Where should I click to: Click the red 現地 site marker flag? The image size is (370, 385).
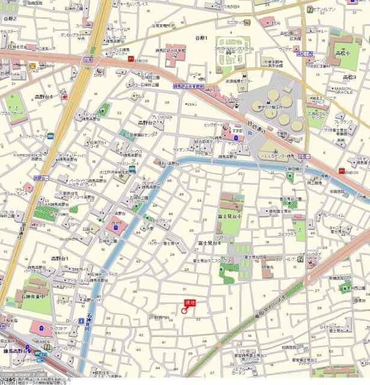pos(190,303)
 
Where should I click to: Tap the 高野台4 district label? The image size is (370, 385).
pos(44,97)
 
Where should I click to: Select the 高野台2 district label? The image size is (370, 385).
pos(147,123)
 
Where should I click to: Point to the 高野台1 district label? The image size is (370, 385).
pos(60,258)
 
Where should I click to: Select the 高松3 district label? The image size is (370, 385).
pos(350,78)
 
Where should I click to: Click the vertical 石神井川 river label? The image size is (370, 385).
pos(88,325)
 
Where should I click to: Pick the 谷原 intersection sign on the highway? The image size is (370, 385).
pos(88,60)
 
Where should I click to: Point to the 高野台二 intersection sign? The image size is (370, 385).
pos(40,178)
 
